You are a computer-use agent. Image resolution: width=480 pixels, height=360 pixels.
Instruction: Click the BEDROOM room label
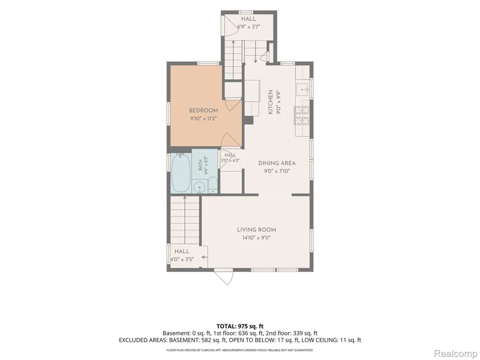203,110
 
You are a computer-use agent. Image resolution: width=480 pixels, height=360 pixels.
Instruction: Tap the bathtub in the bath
181,173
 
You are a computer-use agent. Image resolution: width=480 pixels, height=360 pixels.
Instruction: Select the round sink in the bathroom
199,187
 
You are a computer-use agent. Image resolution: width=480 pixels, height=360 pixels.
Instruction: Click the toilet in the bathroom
213,185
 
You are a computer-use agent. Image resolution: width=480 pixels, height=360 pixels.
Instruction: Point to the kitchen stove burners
302,115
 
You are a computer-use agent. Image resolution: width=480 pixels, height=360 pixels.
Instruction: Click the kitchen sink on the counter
303,89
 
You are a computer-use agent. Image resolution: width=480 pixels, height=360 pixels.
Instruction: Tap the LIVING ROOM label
256,229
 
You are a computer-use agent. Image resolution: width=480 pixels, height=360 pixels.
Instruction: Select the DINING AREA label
277,163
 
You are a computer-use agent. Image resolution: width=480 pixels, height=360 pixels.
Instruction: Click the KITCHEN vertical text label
270,102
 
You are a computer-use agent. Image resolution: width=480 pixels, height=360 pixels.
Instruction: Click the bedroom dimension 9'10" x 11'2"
203,119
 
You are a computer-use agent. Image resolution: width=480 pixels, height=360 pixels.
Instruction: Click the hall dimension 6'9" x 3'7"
248,26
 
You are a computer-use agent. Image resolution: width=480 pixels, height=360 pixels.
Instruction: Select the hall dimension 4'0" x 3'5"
182,259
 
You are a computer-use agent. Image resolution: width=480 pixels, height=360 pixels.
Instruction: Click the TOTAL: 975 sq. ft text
240,326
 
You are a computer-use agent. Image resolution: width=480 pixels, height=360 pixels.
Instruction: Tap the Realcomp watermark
456,353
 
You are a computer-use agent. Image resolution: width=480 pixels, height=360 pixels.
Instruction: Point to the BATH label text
200,165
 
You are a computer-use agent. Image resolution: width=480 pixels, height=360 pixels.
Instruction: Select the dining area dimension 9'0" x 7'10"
277,171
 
